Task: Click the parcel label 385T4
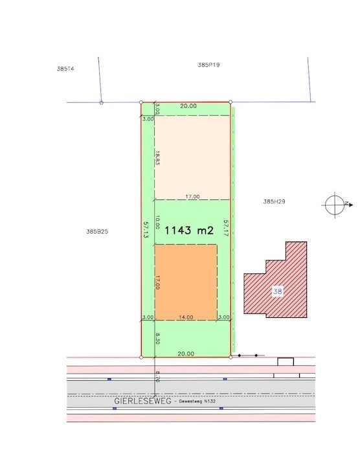pos(65,69)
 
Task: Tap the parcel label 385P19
pos(208,65)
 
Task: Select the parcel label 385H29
pos(274,201)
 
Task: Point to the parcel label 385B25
pos(97,232)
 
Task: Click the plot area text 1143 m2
pos(189,231)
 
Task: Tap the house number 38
pos(278,291)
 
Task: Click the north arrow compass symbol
pos(337,205)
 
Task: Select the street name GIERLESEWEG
pos(142,401)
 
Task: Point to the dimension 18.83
pos(158,157)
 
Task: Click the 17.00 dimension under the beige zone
pos(192,197)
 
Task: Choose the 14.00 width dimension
pos(186,317)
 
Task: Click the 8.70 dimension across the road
pos(158,377)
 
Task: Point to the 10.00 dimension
pos(158,222)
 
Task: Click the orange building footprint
pos(186,282)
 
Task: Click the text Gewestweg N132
pos(197,401)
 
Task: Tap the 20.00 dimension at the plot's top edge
pos(188,106)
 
